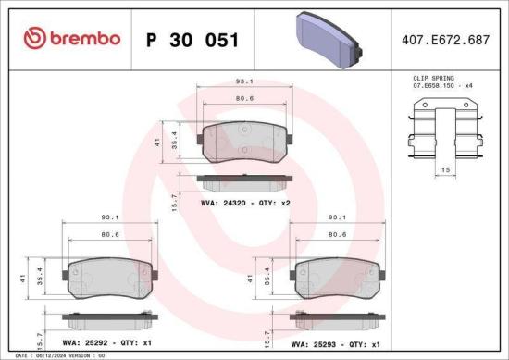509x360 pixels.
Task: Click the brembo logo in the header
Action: [x=72, y=38]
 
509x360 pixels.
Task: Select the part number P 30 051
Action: [x=192, y=40]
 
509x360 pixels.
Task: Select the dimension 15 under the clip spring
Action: [x=445, y=170]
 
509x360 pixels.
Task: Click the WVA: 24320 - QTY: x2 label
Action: [x=245, y=200]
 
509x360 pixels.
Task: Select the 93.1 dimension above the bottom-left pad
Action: [x=107, y=218]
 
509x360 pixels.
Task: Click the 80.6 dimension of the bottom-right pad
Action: [x=337, y=235]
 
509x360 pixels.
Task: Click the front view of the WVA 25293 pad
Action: [x=337, y=276]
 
